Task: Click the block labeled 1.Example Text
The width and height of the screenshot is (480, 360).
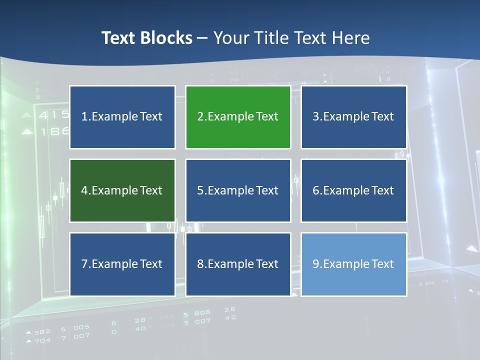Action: (x=122, y=117)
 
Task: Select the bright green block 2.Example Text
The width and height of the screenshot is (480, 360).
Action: (x=238, y=117)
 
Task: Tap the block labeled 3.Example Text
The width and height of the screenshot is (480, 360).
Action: (x=353, y=117)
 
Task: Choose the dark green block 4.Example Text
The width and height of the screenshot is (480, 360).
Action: (x=122, y=190)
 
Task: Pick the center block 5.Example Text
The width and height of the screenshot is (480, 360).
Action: (x=238, y=190)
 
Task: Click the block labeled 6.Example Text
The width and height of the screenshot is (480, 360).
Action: (x=353, y=190)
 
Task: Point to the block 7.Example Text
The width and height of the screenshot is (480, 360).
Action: (x=122, y=264)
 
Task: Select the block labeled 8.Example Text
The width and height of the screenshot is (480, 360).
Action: (x=238, y=264)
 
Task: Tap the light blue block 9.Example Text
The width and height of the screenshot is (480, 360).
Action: (x=353, y=264)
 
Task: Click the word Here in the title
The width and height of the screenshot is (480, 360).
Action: (x=352, y=38)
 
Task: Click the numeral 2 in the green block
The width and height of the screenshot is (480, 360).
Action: (x=200, y=117)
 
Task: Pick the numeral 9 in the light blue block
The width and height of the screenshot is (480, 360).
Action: (x=316, y=264)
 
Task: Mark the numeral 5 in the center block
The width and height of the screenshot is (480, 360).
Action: (x=200, y=190)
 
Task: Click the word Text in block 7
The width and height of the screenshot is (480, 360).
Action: (x=151, y=264)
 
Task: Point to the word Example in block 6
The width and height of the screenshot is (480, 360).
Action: (x=346, y=190)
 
